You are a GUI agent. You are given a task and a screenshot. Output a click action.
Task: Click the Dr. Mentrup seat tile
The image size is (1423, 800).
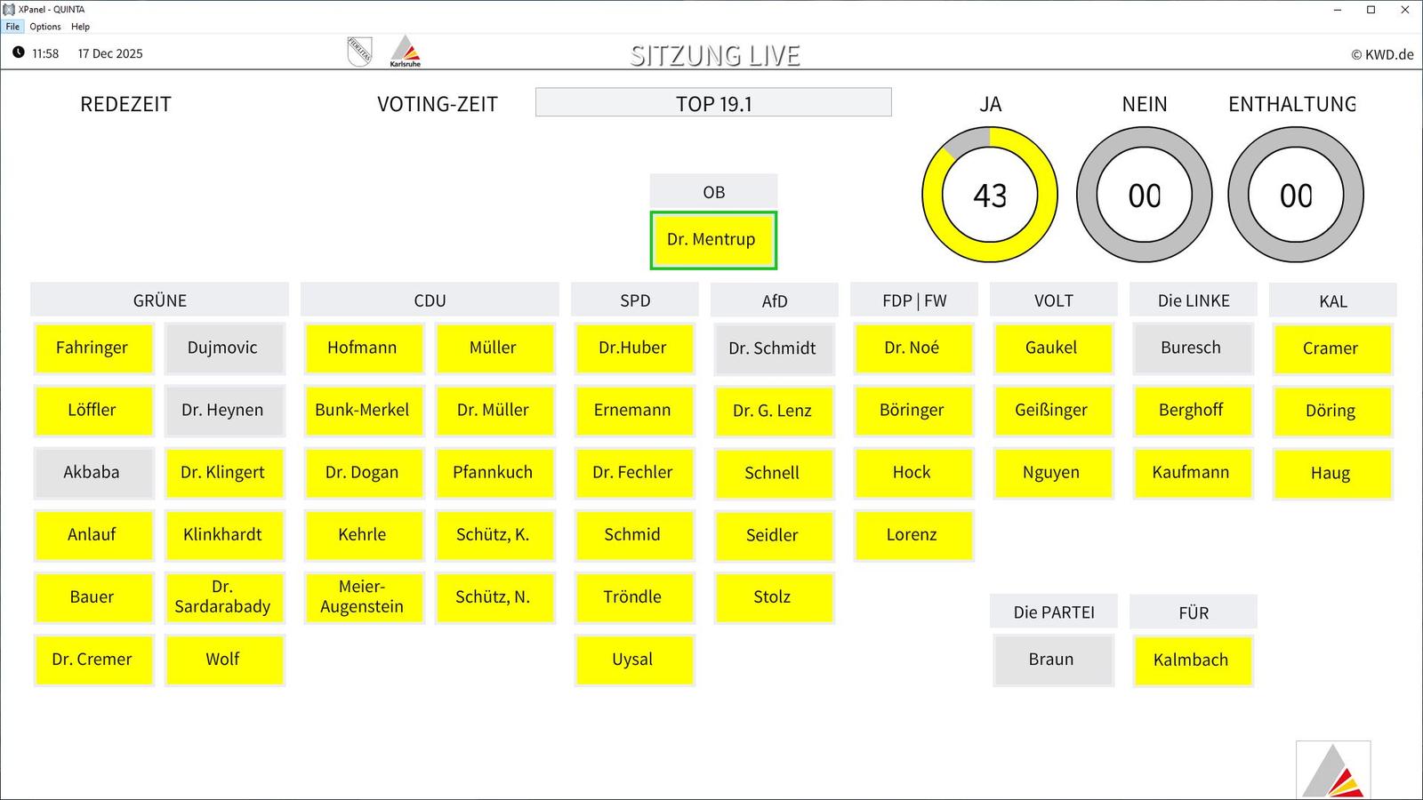[x=713, y=240]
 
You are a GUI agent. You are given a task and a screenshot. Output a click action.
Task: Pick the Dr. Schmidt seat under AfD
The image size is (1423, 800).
[x=774, y=348]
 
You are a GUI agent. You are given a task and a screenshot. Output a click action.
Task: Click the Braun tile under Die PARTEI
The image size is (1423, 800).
[x=1053, y=660]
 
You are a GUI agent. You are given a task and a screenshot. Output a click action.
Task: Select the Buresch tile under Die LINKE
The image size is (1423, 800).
[x=1193, y=348]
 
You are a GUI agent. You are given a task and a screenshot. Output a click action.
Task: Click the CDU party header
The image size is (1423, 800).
[x=430, y=300]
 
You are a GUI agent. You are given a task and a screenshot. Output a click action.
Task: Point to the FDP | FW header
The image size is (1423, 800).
[x=913, y=300]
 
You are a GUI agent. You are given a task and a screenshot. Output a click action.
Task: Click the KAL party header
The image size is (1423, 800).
[x=1332, y=300]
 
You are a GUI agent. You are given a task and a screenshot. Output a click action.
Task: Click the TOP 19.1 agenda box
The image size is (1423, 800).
[x=713, y=102]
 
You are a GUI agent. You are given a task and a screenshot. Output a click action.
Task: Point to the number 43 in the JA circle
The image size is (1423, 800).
[x=990, y=196]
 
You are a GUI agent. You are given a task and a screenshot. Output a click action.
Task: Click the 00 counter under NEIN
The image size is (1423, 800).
[x=1144, y=196]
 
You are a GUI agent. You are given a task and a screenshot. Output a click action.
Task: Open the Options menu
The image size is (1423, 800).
[x=45, y=27]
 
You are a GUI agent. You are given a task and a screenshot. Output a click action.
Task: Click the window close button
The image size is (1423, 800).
[x=1404, y=10]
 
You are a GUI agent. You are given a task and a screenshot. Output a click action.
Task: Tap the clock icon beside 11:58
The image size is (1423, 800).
[x=19, y=52]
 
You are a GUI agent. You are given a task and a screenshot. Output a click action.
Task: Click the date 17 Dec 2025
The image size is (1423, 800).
[x=110, y=53]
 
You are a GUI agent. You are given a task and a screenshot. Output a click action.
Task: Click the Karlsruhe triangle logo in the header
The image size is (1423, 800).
[x=405, y=51]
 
